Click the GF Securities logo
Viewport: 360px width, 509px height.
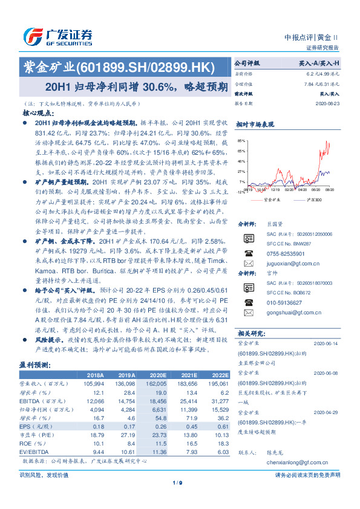[x=57, y=36]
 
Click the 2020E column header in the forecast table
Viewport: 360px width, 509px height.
[x=157, y=375]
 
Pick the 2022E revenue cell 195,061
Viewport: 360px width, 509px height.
[x=218, y=383]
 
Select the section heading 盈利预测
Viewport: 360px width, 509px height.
[x=35, y=365]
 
